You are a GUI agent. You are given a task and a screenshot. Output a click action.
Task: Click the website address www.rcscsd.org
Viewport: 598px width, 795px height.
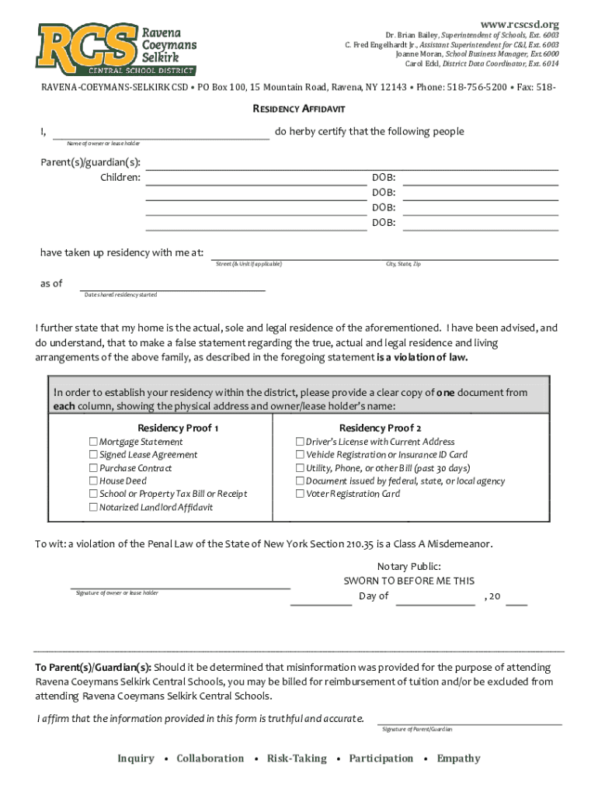point(520,24)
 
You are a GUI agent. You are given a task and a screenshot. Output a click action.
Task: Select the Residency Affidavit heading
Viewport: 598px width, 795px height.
point(299,110)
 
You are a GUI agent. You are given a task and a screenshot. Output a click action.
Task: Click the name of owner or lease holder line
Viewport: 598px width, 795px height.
point(160,135)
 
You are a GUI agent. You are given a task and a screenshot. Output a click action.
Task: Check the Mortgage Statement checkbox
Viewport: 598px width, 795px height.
point(93,442)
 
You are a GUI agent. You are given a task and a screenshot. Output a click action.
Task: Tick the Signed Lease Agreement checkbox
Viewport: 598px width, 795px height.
point(93,455)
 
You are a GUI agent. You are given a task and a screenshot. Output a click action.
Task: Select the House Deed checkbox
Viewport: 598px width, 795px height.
point(93,481)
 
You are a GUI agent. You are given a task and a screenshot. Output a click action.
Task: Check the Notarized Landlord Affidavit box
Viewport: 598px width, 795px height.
point(93,508)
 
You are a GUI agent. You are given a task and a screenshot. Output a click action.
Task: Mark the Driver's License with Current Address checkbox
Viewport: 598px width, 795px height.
point(300,442)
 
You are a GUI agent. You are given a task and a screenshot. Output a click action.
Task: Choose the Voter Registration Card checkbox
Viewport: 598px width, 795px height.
point(300,494)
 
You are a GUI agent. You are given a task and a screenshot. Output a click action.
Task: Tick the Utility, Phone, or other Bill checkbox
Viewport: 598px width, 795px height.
point(300,468)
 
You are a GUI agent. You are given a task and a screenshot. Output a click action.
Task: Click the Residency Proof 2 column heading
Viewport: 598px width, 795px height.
point(380,428)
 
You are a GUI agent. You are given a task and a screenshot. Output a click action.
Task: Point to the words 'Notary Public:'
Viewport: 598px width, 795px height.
point(409,567)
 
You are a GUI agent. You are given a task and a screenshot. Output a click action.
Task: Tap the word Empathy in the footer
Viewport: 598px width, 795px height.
point(458,759)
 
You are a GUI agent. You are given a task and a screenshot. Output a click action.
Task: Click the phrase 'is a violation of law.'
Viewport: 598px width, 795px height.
point(422,358)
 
